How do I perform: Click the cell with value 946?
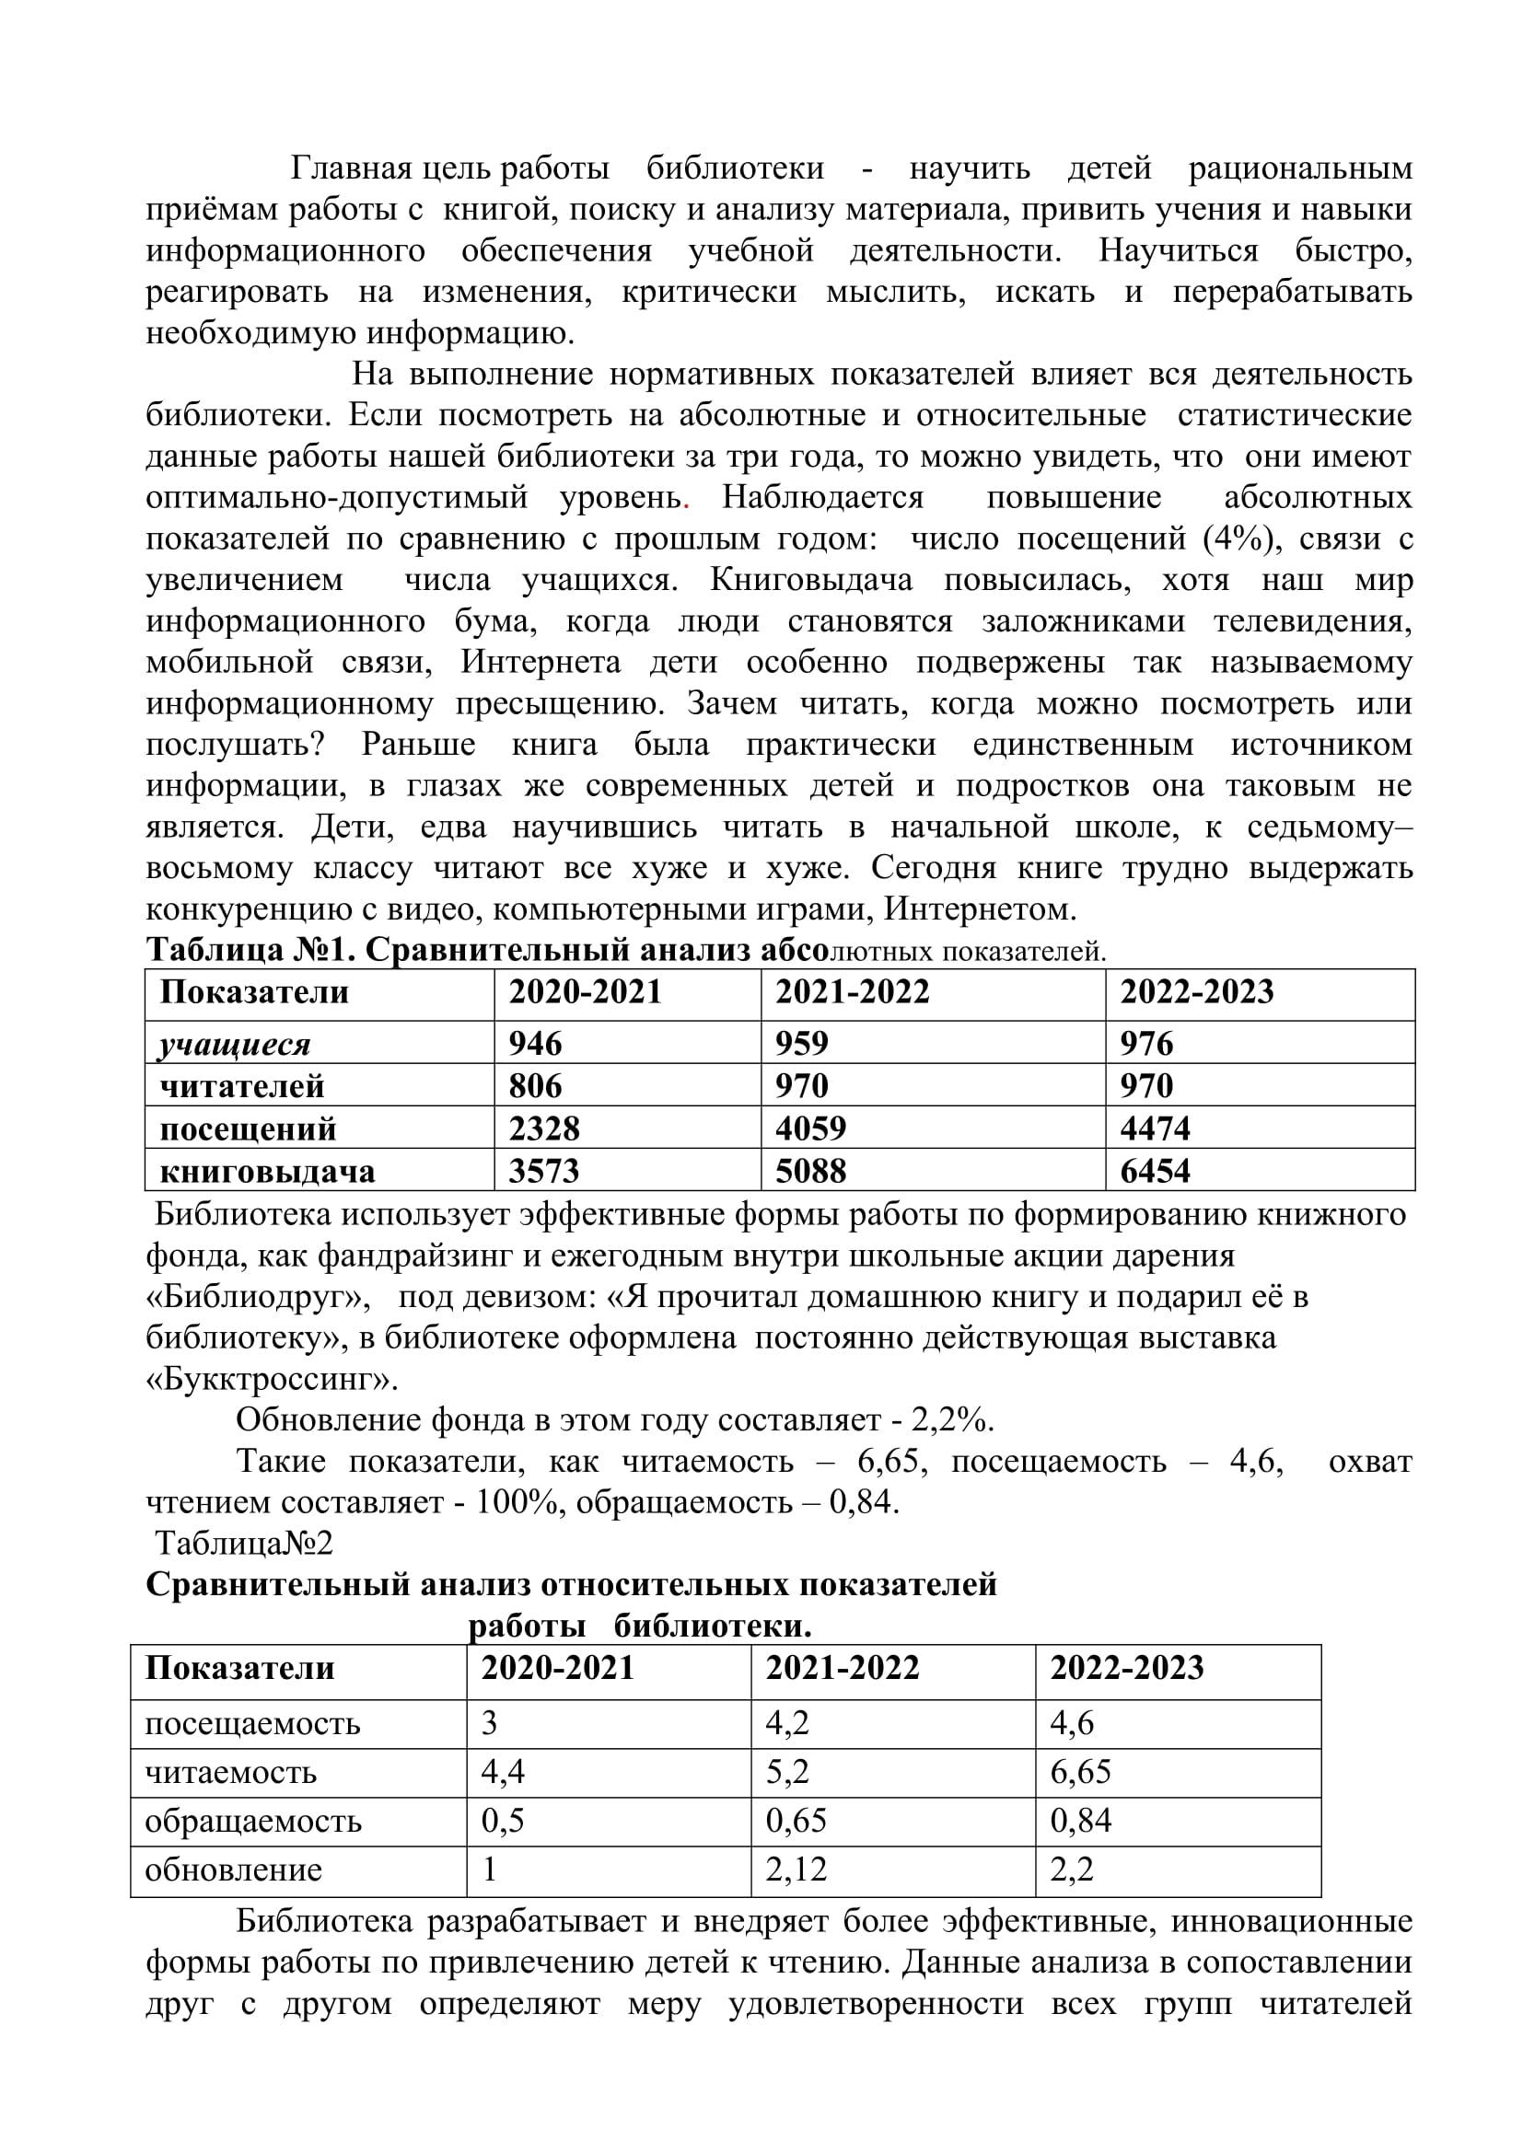[536, 1043]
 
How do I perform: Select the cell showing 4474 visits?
[1155, 1128]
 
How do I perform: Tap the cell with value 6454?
[1155, 1170]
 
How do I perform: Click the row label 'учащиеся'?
[235, 1044]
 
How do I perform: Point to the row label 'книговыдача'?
[267, 1171]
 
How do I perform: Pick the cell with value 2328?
[544, 1128]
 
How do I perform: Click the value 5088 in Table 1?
[810, 1170]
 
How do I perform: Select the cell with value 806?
[536, 1085]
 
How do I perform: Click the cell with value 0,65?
[796, 1820]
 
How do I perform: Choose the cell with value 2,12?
[796, 1869]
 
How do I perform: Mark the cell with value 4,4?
[503, 1771]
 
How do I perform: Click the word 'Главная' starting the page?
[352, 168]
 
